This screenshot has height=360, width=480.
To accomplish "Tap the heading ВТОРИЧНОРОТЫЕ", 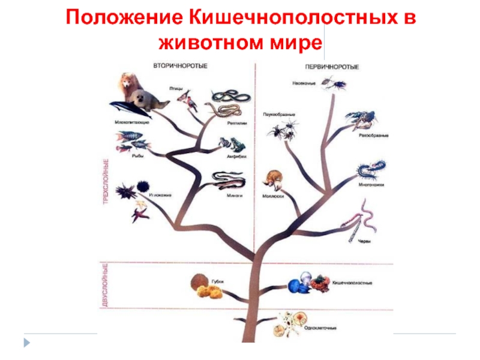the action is [x=179, y=66].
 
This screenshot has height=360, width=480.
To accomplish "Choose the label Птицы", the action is [x=176, y=88].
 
